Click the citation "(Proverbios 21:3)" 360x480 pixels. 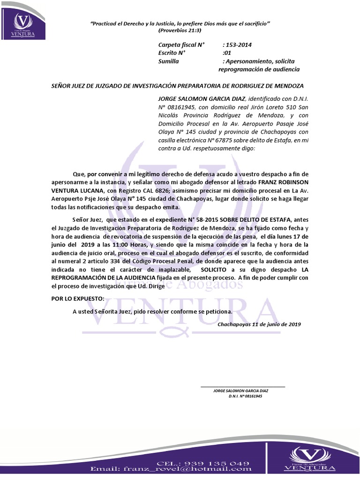pos(180,30)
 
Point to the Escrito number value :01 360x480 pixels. pos(228,53)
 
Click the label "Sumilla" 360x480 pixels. pos(169,61)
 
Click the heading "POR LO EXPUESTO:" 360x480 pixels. pos(78,299)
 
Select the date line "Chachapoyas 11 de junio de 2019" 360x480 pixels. pos(259,324)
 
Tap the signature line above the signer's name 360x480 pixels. pos(242,387)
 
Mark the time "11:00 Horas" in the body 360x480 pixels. pos(129,245)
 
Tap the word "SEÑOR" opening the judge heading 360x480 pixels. pos(61,86)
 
